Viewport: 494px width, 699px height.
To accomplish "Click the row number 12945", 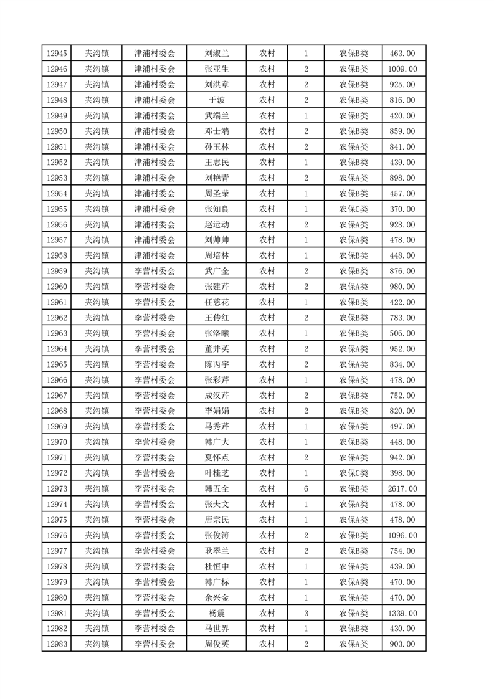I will (57, 54).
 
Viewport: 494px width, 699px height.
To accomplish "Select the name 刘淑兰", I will (217, 54).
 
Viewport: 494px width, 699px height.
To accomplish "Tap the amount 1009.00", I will (402, 69).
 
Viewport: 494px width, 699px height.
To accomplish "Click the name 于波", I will (217, 100).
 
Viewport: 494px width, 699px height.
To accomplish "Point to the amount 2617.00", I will (402, 489).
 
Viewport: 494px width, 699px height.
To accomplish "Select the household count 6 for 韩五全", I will (306, 489).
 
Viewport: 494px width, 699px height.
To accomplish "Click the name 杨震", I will (217, 613).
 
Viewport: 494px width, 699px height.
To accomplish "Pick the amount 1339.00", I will (402, 613).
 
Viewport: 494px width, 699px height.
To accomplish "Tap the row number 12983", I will (57, 644).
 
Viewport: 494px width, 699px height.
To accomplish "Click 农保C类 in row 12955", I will (353, 209).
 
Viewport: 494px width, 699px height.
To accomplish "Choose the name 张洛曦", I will (217, 333).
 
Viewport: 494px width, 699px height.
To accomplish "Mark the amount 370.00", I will (402, 209).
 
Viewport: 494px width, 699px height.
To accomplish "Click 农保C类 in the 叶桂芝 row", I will (353, 473).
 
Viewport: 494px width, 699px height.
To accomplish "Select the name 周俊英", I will (217, 644).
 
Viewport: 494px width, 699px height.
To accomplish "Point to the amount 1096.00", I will (402, 536).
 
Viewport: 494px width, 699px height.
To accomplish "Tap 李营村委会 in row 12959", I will (154, 271).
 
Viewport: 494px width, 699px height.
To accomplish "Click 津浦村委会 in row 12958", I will (154, 255).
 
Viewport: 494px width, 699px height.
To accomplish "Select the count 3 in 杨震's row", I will (306, 613).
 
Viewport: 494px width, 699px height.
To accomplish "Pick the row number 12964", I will (57, 349).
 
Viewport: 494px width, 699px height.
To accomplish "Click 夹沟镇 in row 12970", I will (97, 442).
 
